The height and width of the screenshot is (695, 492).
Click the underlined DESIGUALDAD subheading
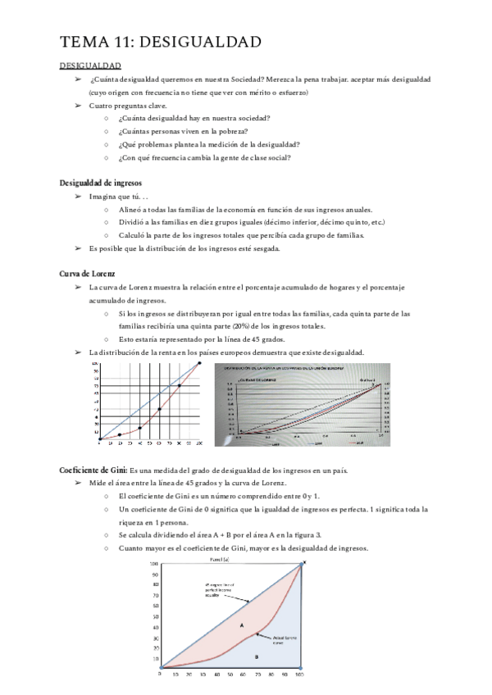coord(90,66)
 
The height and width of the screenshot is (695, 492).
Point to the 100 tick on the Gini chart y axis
coord(153,564)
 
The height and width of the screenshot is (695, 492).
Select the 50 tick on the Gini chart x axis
coord(232,675)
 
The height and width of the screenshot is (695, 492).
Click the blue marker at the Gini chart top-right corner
coord(303,563)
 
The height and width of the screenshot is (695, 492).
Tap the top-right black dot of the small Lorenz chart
coord(198,363)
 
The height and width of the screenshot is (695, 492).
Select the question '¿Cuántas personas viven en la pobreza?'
coord(183,130)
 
